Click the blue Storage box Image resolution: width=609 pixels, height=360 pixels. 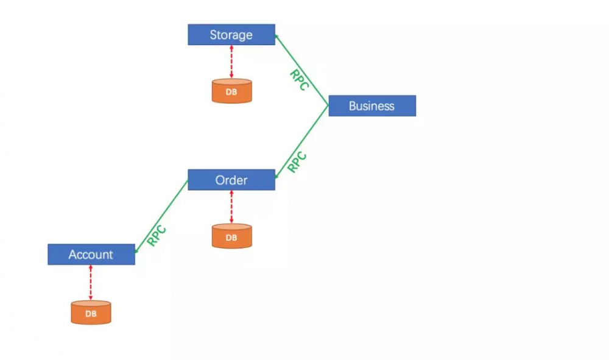(231, 35)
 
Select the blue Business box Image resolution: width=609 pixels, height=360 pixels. (372, 105)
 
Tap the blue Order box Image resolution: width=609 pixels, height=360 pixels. (231, 180)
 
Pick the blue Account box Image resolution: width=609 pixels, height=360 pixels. (91, 255)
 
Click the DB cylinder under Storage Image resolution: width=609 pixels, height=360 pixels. (232, 91)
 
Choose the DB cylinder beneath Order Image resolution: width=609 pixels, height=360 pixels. (232, 236)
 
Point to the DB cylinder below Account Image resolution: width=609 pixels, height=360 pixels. (91, 312)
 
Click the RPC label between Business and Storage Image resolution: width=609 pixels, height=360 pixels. (300, 80)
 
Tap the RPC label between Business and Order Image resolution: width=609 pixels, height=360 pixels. (297, 162)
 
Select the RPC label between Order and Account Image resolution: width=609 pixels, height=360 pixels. (157, 236)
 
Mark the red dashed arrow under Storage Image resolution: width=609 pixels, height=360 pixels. (231, 62)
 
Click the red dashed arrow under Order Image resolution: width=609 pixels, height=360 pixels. (231, 207)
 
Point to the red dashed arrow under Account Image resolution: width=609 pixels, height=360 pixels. (91, 283)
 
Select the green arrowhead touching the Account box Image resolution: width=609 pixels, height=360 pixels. (136, 250)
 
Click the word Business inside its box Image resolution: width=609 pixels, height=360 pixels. (371, 106)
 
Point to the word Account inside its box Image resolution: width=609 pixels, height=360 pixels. (91, 255)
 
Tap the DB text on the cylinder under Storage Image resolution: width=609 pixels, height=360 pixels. (231, 92)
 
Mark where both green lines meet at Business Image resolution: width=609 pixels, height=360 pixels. (329, 105)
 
